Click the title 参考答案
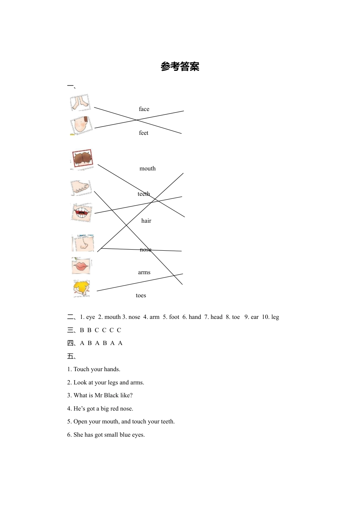coord(180,67)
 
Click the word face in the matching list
coord(144,109)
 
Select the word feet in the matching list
coord(144,133)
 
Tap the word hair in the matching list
coord(146,221)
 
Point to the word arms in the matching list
coord(144,272)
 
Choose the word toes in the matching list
coord(141,295)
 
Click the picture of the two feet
coord(80,103)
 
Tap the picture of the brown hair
coord(82,158)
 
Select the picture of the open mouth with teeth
coord(81,212)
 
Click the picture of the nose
coord(83,243)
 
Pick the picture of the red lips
coord(81,266)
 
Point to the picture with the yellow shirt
coord(81,288)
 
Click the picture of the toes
coord(81,187)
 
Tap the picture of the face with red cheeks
coord(81,125)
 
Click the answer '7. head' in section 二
coord(213,317)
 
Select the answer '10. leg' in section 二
coord(270,317)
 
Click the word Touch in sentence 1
coord(81,369)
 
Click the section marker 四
coord(70,343)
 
